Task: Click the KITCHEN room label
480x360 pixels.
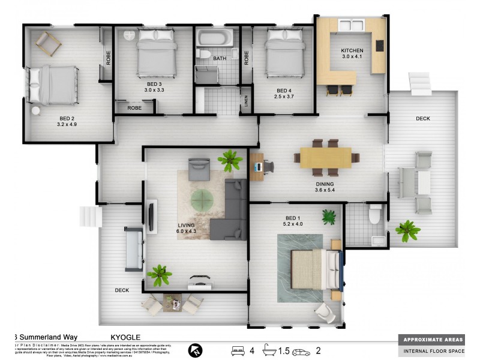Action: (352, 50)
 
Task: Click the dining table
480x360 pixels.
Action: (326, 157)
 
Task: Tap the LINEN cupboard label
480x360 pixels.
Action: (246, 100)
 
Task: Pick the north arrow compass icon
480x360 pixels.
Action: (196, 350)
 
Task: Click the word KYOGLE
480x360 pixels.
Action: (125, 338)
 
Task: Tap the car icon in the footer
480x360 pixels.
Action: (301, 352)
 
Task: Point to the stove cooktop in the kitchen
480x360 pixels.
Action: (379, 45)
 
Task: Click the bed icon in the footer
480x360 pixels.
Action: (238, 350)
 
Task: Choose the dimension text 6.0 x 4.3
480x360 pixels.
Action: (187, 231)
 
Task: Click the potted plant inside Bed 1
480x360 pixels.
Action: (329, 216)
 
